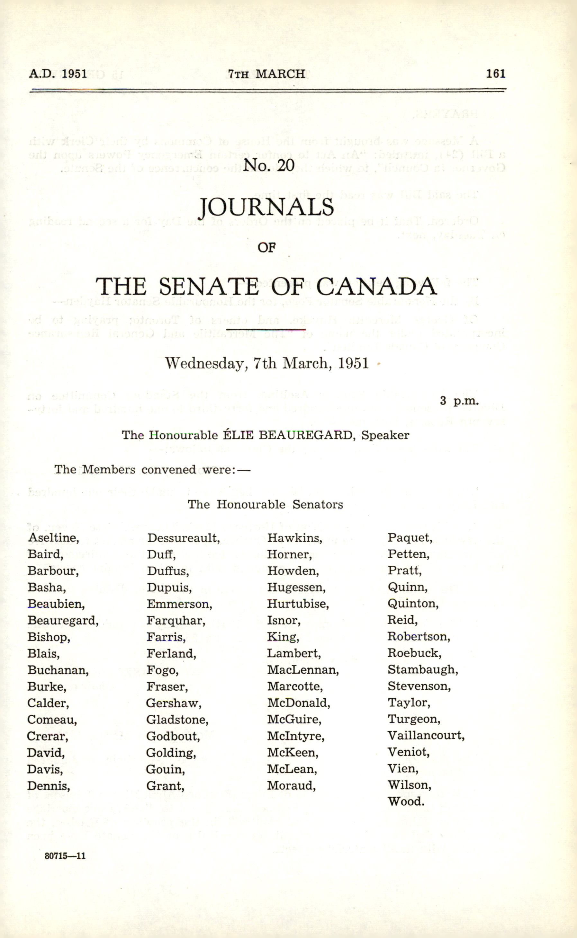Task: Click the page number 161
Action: coord(495,73)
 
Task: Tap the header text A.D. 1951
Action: coord(58,73)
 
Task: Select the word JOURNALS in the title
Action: coord(267,208)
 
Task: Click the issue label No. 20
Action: coord(269,165)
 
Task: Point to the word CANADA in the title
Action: coord(376,287)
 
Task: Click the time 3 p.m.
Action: coord(459,401)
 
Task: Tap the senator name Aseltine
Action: coord(53,538)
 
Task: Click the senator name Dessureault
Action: coord(183,538)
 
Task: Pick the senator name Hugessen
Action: coord(296,587)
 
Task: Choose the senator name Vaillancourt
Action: coord(426,735)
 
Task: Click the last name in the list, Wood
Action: coord(406,801)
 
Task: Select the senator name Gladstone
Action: coord(177,720)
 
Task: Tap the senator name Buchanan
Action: coord(58,670)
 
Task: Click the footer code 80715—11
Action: coord(65,856)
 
